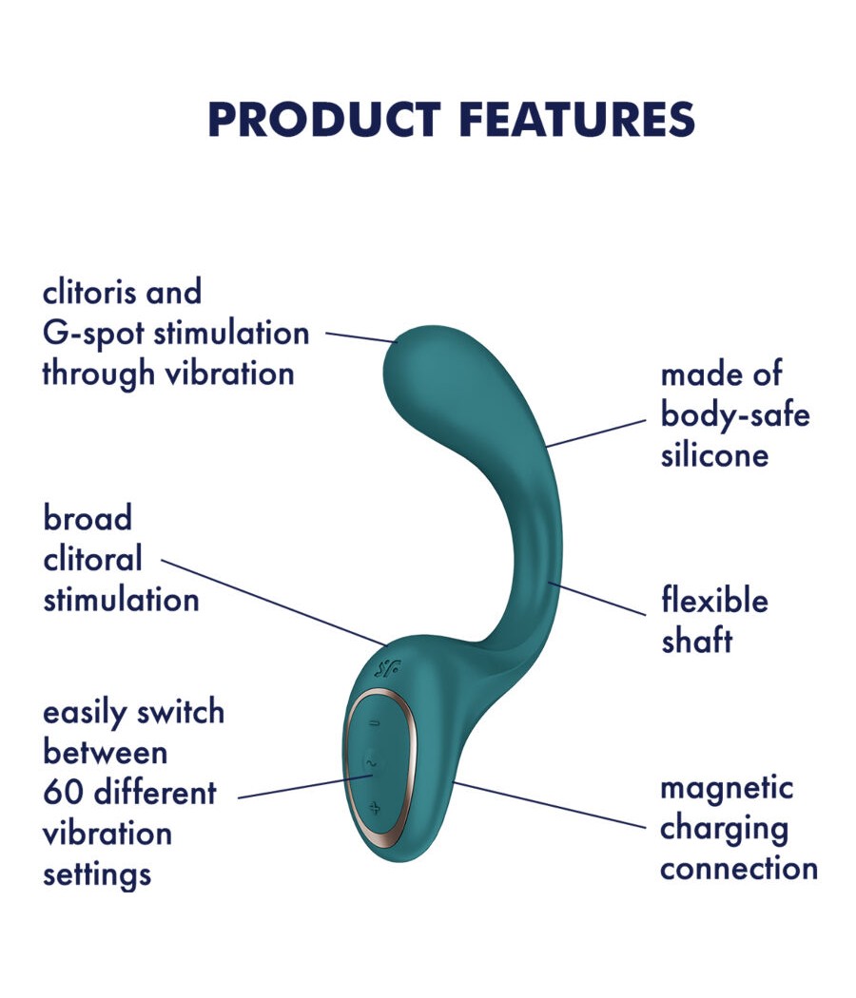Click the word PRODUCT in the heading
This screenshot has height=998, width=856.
324,119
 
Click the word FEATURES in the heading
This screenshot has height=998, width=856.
577,119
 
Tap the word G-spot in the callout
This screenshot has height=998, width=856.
93,334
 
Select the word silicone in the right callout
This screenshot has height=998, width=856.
714,455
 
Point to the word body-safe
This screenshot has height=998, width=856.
735,415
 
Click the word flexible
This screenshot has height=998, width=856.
714,600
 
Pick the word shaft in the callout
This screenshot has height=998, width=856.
697,641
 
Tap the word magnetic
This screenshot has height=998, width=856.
727,789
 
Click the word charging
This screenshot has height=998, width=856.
724,830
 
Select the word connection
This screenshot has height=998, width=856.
739,869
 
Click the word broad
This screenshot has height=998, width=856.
88,517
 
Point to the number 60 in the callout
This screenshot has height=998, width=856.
64,793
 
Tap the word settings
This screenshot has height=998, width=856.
97,875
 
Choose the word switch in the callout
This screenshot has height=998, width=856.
181,712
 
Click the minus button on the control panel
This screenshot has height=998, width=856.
375,723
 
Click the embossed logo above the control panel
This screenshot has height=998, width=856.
387,668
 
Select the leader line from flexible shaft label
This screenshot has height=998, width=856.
596,598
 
